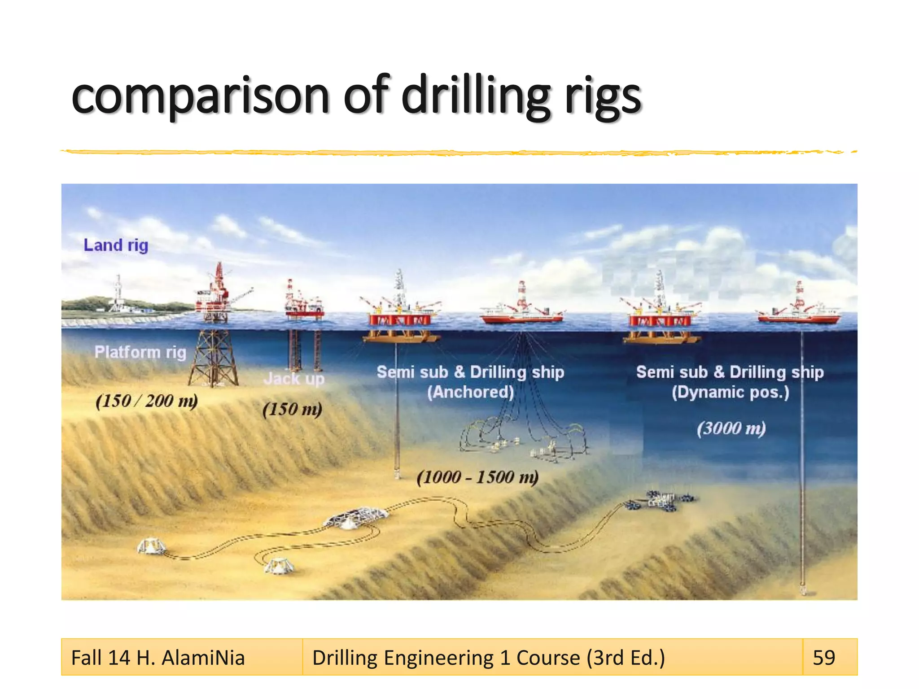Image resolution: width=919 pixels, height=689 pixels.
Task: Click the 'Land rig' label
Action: pyautogui.click(x=116, y=245)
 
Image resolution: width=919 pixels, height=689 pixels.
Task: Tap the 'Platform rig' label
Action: pyautogui.click(x=140, y=352)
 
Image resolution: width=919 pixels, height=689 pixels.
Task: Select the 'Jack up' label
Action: pyautogui.click(x=294, y=379)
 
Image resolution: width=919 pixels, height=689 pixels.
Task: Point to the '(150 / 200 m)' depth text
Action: pyautogui.click(x=146, y=401)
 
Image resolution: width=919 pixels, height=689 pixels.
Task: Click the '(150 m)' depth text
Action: pyautogui.click(x=292, y=409)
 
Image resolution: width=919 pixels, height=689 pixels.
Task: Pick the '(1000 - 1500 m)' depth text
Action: pyautogui.click(x=477, y=477)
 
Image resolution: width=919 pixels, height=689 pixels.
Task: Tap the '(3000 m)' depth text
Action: pyautogui.click(x=731, y=428)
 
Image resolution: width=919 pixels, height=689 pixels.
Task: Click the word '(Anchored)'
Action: pyautogui.click(x=470, y=392)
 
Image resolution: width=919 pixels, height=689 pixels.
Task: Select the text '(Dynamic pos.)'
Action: pyautogui.click(x=730, y=392)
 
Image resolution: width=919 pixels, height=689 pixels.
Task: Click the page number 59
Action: pyautogui.click(x=824, y=658)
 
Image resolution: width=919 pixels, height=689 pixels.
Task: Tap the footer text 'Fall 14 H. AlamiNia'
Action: pyautogui.click(x=158, y=658)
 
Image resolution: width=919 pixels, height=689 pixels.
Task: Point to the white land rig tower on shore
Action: pyautogui.click(x=118, y=294)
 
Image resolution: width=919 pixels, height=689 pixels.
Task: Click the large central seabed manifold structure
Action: pyautogui.click(x=355, y=518)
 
